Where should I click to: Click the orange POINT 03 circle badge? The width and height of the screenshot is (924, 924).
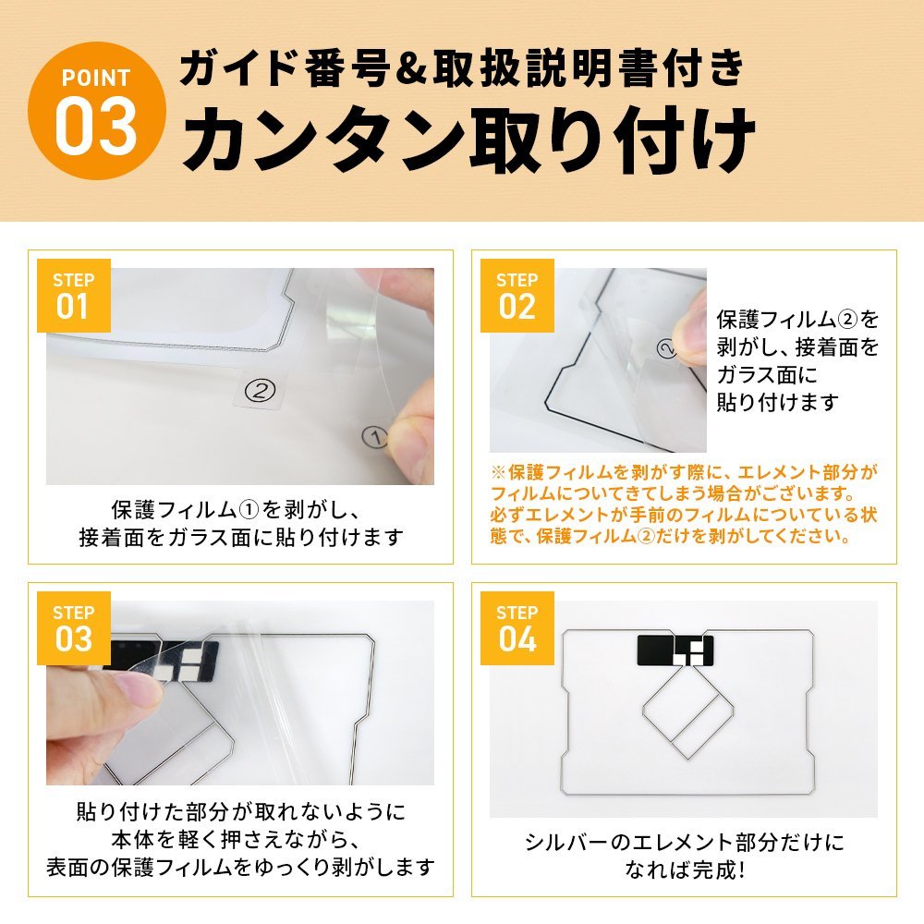click(x=97, y=111)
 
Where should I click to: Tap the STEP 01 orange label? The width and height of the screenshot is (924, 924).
click(x=74, y=296)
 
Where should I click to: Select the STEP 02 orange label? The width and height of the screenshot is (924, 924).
click(x=517, y=296)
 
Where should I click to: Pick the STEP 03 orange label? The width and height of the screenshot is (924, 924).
click(x=74, y=628)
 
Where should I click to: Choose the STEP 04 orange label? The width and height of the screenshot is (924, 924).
click(x=517, y=628)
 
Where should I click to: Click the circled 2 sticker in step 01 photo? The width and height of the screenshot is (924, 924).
click(x=260, y=390)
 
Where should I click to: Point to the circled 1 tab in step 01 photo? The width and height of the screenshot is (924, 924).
click(x=375, y=437)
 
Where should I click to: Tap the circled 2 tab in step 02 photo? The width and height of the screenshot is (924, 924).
click(x=666, y=349)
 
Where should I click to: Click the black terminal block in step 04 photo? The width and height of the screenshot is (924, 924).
click(x=675, y=650)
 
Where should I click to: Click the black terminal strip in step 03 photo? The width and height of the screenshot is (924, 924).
click(x=165, y=660)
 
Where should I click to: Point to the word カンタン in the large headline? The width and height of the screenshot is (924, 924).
click(x=323, y=140)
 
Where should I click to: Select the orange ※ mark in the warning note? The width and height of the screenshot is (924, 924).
click(x=498, y=472)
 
